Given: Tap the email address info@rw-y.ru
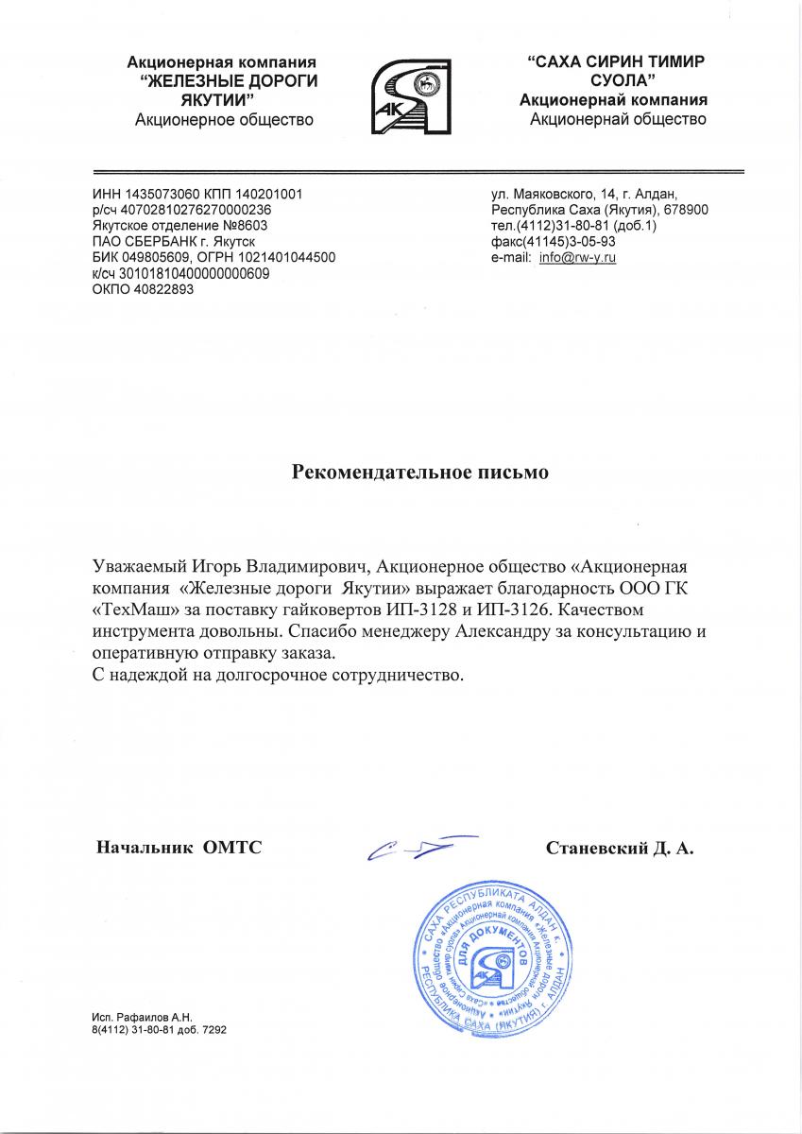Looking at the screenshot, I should (577, 258).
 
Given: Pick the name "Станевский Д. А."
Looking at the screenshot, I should (621, 849).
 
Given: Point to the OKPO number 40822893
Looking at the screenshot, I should (155, 290).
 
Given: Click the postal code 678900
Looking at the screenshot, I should (686, 210).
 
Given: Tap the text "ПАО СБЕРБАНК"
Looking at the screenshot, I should (139, 242).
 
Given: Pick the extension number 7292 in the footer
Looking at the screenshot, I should (213, 1030).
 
